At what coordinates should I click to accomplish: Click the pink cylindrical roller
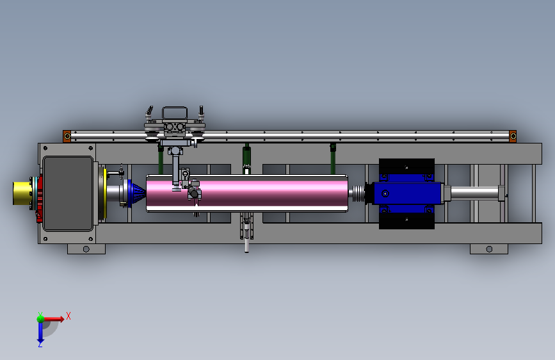click(246, 193)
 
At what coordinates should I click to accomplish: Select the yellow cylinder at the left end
click(22, 193)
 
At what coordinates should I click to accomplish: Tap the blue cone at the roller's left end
click(136, 193)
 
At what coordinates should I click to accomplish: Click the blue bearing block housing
click(407, 193)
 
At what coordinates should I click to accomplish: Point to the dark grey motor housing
click(68, 193)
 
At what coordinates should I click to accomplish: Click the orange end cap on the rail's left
click(67, 136)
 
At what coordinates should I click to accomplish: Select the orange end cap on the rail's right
click(513, 136)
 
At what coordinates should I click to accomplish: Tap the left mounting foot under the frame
click(86, 249)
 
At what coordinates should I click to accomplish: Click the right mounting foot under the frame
click(489, 249)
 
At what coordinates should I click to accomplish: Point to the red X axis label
click(68, 316)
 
